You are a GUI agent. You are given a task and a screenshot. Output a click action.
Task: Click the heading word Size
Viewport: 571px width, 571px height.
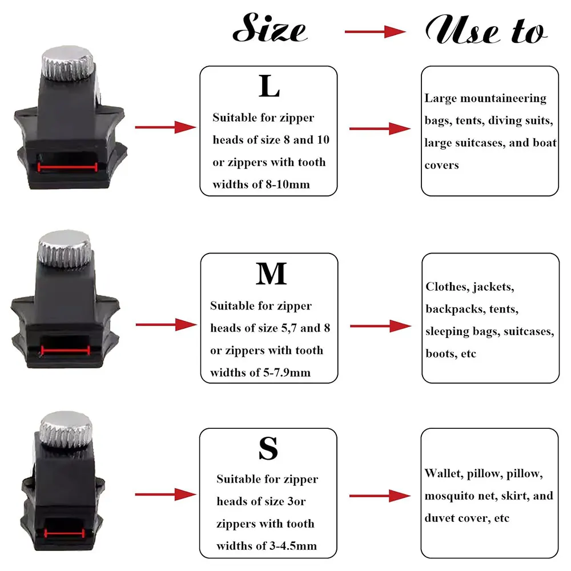[270, 30]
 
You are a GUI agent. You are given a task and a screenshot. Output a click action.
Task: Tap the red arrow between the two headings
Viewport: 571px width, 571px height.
[375, 32]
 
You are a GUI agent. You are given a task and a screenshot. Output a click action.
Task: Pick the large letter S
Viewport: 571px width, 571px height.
[268, 449]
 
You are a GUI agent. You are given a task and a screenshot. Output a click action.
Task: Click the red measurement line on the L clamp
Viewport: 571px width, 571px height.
[67, 167]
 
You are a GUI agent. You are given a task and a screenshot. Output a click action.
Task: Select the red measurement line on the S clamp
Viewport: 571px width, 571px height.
[64, 532]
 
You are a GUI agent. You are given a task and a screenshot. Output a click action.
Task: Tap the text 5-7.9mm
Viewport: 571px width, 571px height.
[289, 373]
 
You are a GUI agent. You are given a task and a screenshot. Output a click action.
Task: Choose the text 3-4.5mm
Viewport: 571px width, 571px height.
[296, 546]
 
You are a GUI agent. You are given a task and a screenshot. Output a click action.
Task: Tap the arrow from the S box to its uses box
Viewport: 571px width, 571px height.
[380, 495]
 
